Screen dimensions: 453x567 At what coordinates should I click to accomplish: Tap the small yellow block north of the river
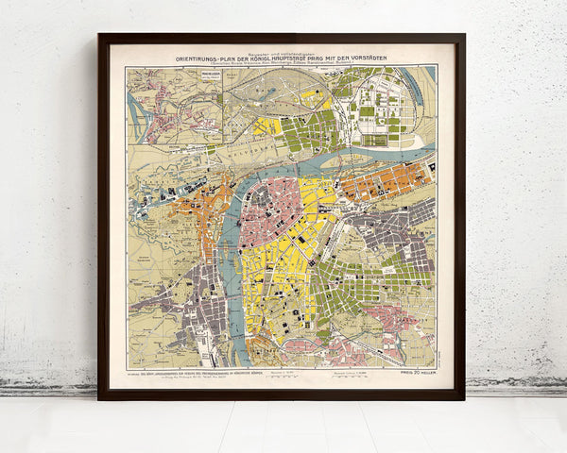267,126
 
